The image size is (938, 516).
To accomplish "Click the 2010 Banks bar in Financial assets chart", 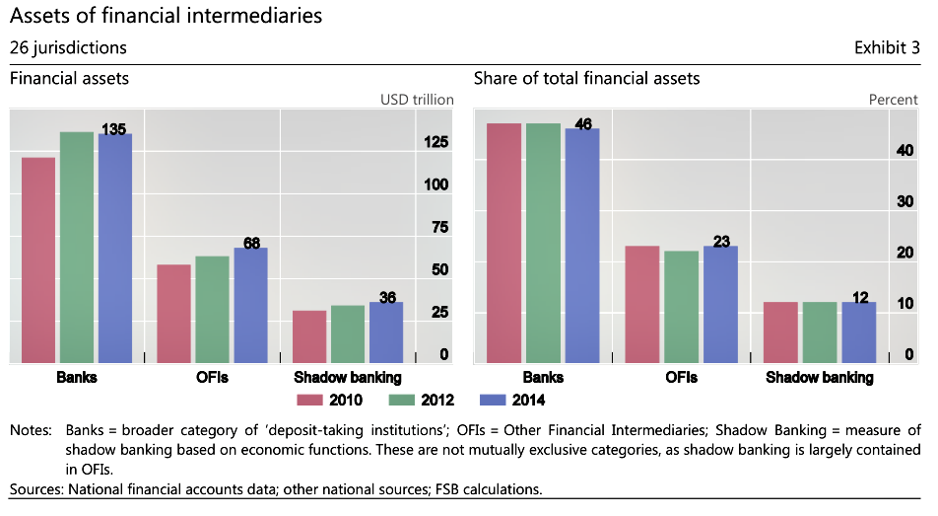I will (38, 259).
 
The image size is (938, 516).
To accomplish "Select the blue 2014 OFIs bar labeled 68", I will (250, 305).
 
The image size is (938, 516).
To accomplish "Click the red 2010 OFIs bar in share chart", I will (641, 304).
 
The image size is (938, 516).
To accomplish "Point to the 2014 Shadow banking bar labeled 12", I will (858, 332).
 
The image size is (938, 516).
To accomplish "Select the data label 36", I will (388, 297).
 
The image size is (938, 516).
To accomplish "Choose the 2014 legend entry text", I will (527, 400).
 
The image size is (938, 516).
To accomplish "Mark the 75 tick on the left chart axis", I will (439, 227).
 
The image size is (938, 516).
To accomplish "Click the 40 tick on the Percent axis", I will (905, 150).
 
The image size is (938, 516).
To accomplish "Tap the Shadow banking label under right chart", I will (819, 378).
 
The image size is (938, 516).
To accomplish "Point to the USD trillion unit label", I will (417, 100).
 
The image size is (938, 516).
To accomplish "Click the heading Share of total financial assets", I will (587, 78).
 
